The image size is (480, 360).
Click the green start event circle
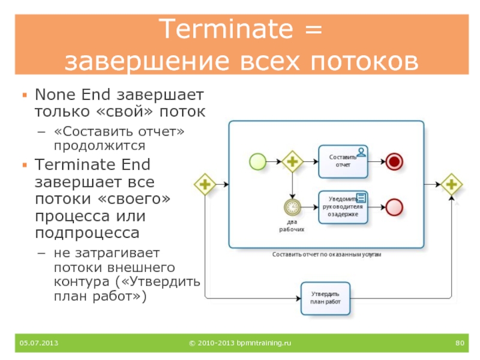click(258, 161)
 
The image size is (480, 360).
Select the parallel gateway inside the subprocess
click(293, 161)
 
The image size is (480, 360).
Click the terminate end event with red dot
click(394, 161)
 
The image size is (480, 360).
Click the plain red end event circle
click(394, 207)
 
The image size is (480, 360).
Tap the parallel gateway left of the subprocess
click(205, 184)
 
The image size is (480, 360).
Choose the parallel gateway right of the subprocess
click(451, 184)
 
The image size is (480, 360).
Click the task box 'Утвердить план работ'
click(325, 298)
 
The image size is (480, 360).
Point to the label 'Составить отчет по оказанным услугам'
click(327, 254)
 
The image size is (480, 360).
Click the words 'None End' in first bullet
click(72, 95)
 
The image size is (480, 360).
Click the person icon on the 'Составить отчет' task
click(361, 151)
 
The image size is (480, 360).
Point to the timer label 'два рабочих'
click(292, 225)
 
